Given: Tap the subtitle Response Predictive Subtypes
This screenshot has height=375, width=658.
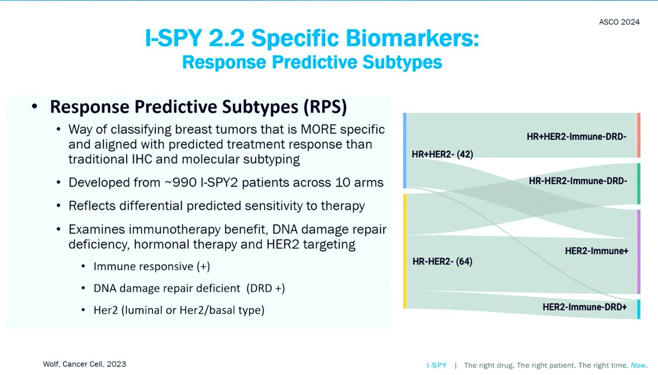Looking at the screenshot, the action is (x=311, y=61).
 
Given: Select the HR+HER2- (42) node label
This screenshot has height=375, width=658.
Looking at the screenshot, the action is (x=442, y=155).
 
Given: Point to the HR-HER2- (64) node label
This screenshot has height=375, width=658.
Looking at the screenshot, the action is (x=442, y=262).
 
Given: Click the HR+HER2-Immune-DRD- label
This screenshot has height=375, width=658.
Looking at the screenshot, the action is (x=576, y=136).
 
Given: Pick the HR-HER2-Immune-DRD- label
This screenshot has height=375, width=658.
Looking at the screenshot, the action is (x=578, y=180).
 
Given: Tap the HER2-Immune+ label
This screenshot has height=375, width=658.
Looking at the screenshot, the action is (x=597, y=251).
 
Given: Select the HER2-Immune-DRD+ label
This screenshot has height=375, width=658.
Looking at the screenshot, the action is (x=585, y=308).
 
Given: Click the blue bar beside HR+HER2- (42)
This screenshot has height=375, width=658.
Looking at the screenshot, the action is (x=404, y=151).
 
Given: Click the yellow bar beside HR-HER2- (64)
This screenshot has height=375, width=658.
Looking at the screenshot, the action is (x=404, y=251).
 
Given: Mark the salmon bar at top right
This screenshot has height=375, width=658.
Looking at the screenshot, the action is (x=638, y=135).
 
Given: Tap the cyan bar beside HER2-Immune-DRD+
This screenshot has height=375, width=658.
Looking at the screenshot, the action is (x=638, y=309).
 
